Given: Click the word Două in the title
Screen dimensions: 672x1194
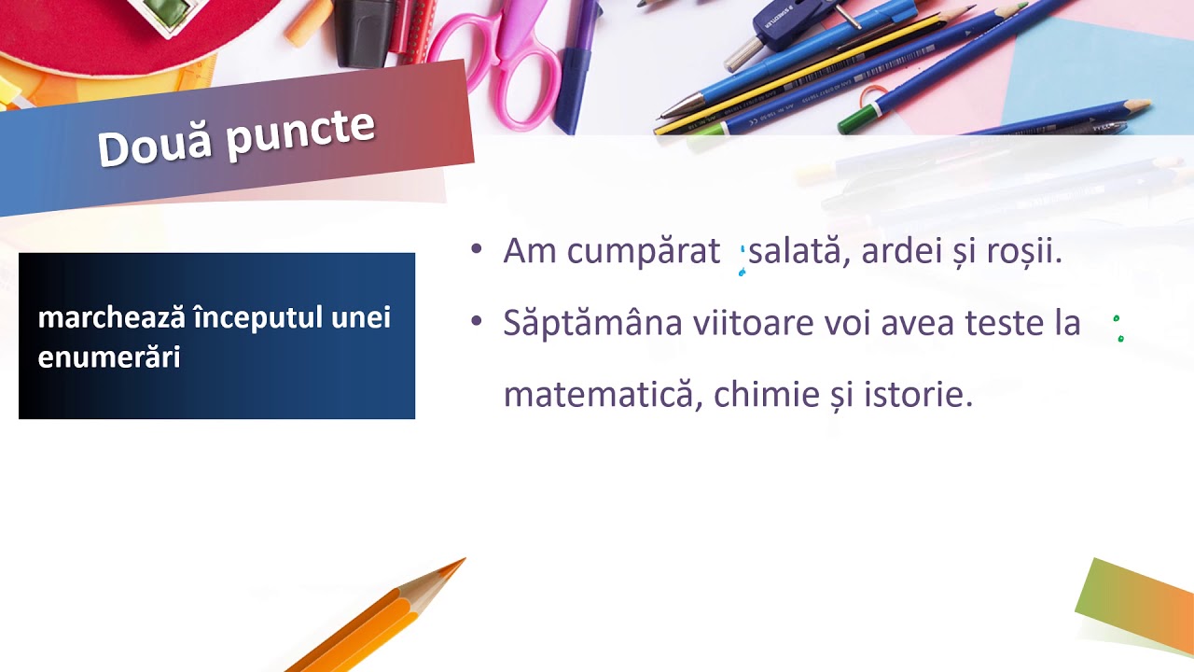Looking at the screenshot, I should pos(154,146).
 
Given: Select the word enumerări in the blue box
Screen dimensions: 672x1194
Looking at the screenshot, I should pos(108,357).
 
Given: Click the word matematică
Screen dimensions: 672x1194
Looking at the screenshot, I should pos(602,395).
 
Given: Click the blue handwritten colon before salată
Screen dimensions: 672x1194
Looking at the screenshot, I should pos(743,260).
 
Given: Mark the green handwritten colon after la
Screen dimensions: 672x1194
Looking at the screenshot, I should pos(1118,329).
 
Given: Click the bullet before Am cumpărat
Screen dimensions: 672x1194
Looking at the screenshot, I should pos(477,249).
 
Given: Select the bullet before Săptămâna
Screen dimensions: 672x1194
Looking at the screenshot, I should pos(477,321).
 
